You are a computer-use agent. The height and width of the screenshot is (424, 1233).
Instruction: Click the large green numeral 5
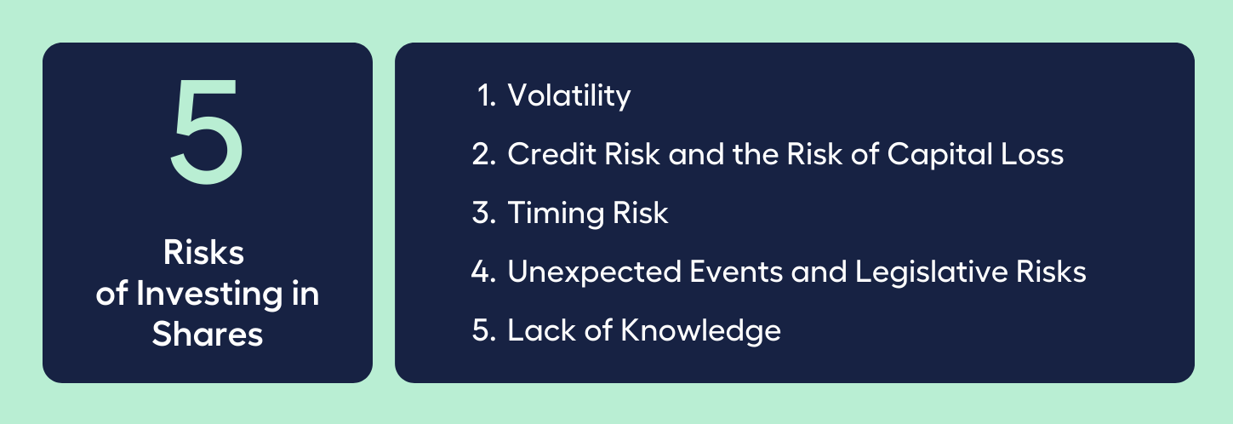click(207, 131)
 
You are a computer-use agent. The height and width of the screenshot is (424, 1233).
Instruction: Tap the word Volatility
click(569, 96)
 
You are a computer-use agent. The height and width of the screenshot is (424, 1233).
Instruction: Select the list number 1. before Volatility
click(487, 95)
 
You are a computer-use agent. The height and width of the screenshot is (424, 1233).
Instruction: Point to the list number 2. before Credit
click(484, 154)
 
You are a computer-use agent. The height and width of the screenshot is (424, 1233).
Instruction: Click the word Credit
click(551, 153)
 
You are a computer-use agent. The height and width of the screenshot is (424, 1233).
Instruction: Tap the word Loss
click(1032, 154)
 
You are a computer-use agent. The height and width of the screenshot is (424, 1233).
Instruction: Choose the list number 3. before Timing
click(484, 213)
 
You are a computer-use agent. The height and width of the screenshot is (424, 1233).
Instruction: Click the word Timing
click(556, 214)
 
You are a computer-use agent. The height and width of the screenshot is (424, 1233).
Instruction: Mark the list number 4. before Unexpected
click(484, 272)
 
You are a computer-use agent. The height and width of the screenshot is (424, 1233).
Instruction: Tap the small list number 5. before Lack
click(484, 331)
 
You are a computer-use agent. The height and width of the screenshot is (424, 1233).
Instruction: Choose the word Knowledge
click(700, 331)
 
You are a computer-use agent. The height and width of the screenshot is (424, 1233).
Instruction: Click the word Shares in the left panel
click(208, 334)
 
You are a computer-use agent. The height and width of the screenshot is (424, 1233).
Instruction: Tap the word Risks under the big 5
click(203, 253)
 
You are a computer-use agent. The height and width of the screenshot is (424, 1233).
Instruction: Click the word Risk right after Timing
click(641, 213)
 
